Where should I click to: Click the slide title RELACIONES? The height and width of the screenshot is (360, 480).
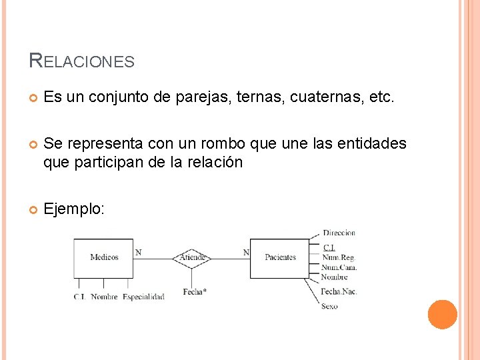click(x=82, y=61)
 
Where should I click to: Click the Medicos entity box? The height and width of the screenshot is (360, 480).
click(x=103, y=257)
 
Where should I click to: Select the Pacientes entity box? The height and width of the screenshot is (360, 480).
click(x=280, y=257)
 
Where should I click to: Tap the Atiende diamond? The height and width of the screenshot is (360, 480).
click(x=192, y=257)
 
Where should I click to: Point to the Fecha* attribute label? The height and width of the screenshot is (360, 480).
click(x=195, y=292)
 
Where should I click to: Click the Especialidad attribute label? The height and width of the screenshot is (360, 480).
click(x=143, y=297)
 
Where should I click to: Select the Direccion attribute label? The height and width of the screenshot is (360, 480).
click(x=339, y=233)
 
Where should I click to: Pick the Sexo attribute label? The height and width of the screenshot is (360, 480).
click(x=329, y=306)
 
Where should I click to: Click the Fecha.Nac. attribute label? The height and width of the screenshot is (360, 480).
click(x=339, y=291)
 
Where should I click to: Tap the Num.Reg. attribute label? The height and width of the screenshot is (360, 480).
click(x=338, y=257)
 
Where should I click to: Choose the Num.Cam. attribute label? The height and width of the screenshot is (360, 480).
click(x=339, y=267)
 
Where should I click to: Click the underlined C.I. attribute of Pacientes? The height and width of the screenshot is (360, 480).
click(x=329, y=248)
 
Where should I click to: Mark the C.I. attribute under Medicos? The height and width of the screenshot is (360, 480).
click(x=79, y=297)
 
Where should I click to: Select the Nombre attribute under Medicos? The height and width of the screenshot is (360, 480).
click(x=104, y=297)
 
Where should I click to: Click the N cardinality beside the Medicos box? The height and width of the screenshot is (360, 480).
click(x=138, y=252)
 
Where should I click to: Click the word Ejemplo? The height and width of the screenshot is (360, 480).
click(x=73, y=209)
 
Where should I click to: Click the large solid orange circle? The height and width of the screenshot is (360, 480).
click(x=442, y=314)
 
